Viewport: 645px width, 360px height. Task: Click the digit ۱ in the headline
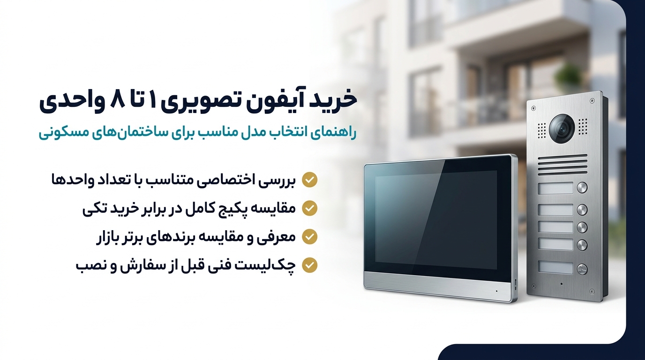pos(153,101)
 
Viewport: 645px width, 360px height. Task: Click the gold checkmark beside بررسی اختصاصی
pos(309,180)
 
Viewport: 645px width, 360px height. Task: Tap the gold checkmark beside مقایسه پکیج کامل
pos(309,208)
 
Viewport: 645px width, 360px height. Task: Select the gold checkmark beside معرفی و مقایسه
pos(309,236)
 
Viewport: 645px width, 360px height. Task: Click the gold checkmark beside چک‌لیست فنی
pos(309,265)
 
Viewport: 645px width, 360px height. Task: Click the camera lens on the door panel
pos(562,127)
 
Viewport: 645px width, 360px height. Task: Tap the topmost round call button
pos(582,187)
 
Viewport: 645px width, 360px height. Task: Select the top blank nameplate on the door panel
pos(555,188)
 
